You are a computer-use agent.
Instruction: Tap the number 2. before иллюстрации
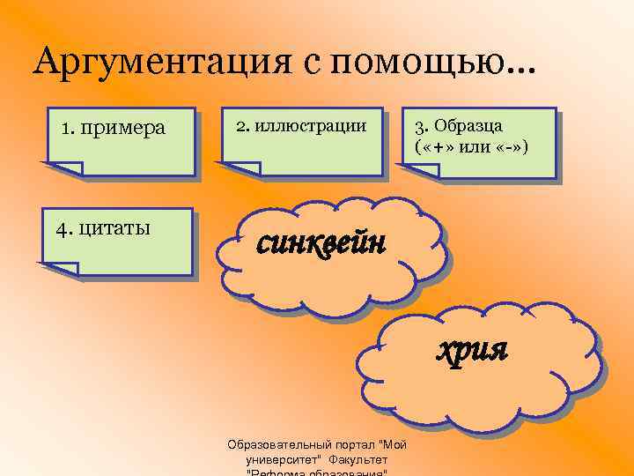pyautogui.click(x=241, y=125)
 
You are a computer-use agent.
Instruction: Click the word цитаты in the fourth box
pyautogui.click(x=114, y=229)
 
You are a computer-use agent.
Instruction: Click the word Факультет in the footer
pyautogui.click(x=358, y=459)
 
